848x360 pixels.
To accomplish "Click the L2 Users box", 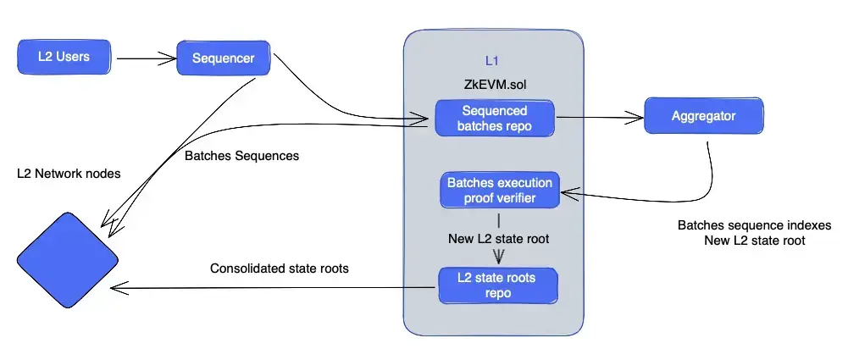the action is click(x=64, y=56).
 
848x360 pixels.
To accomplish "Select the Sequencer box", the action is click(x=224, y=58).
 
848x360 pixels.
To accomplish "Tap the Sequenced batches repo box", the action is click(x=494, y=118).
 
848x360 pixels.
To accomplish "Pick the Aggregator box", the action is click(x=704, y=116).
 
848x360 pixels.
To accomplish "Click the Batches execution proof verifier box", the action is click(x=500, y=191).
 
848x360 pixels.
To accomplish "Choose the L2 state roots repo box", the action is click(x=497, y=286).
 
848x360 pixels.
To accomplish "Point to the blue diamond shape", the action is click(x=67, y=260).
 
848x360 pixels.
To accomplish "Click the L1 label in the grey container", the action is click(x=491, y=61).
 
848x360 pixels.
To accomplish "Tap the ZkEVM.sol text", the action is click(x=492, y=85).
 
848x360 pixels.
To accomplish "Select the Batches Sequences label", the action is click(x=241, y=156).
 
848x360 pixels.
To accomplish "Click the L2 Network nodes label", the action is click(x=69, y=174).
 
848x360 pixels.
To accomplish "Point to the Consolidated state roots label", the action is click(x=279, y=269).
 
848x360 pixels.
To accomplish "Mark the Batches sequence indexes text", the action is click(x=755, y=225).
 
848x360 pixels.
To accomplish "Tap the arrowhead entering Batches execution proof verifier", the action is click(x=568, y=192).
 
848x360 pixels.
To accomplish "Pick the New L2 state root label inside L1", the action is click(x=499, y=238).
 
